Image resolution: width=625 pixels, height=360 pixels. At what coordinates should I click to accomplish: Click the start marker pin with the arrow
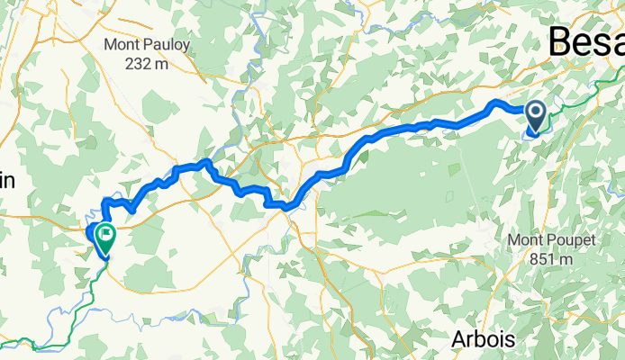coord(535,116)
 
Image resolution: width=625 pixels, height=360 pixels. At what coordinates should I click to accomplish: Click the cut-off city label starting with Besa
coord(585,41)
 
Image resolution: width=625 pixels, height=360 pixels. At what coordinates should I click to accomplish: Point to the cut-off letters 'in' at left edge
coord(7,180)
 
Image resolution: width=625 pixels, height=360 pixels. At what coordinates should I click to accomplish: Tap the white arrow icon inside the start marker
coord(535,112)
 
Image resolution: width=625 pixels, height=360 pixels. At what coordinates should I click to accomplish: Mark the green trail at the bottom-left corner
coord(27,345)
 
